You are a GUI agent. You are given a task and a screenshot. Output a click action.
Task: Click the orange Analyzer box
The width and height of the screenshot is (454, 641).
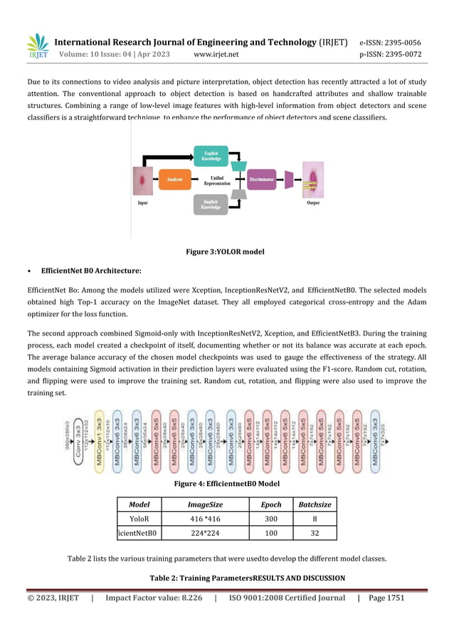(x=174, y=180)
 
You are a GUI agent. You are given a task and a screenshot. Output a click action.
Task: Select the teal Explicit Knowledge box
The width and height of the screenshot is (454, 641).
(x=211, y=156)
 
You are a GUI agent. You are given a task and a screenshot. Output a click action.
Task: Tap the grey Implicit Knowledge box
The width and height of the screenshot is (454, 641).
(x=211, y=204)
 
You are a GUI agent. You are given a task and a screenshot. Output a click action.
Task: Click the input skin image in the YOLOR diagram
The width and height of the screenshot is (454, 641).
(x=143, y=180)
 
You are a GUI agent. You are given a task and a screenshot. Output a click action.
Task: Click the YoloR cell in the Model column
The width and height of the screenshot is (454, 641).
(x=139, y=519)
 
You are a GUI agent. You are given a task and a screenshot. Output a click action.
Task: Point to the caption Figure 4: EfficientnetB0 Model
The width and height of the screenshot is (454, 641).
(x=226, y=484)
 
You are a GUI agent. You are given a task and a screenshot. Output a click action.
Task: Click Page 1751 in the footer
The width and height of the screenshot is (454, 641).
(x=386, y=598)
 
